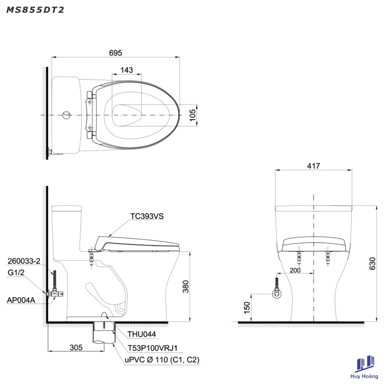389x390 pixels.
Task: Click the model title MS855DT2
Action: [35, 10]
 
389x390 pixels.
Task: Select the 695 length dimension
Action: [115, 53]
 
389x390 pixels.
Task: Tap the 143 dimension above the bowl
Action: [127, 70]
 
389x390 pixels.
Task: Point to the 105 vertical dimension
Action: [192, 115]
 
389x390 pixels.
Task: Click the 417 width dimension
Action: [314, 166]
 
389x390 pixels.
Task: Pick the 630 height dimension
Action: [372, 263]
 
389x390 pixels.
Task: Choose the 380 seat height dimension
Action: [186, 287]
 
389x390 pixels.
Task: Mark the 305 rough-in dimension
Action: [76, 348]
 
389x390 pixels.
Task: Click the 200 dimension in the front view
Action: [295, 270]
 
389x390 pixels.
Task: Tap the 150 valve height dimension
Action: [247, 308]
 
